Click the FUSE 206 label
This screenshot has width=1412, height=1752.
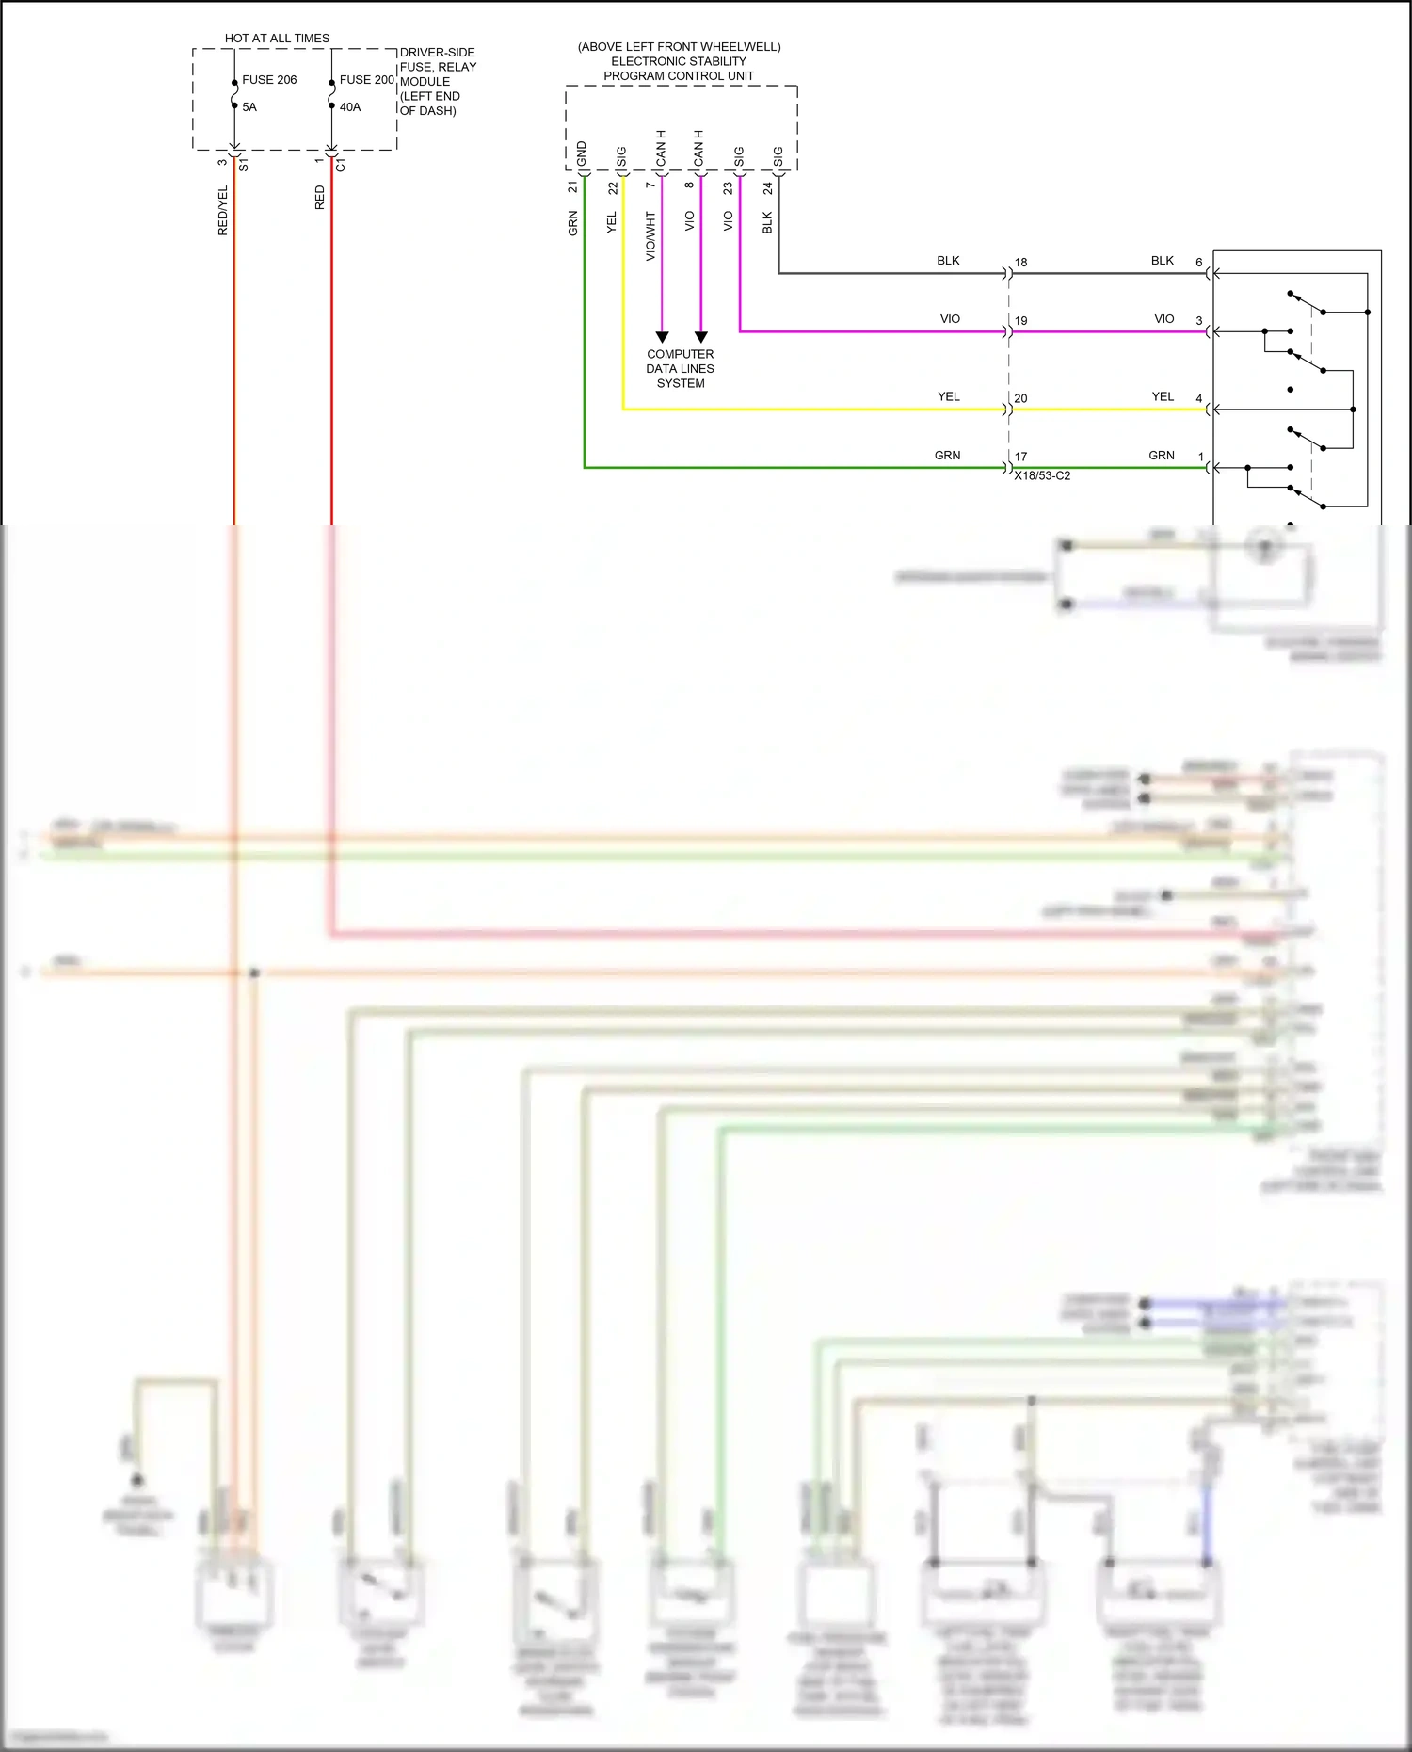click(x=269, y=80)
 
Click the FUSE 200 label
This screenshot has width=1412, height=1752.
click(x=366, y=80)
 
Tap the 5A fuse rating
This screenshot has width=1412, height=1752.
click(x=249, y=107)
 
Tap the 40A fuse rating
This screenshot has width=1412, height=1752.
click(x=350, y=107)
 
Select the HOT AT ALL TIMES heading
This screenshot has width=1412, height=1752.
click(x=277, y=39)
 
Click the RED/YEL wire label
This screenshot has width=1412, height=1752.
click(x=223, y=211)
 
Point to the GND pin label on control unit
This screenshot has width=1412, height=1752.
click(x=582, y=153)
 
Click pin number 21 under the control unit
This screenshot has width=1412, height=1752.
click(x=572, y=187)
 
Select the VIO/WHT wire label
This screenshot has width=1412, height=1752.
click(x=650, y=236)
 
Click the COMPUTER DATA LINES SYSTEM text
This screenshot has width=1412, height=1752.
click(x=680, y=368)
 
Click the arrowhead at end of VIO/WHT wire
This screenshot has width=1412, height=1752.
click(x=662, y=337)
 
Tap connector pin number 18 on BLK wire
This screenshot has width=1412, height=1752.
click(x=1020, y=263)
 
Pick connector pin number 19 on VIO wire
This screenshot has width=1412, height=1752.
click(x=1020, y=321)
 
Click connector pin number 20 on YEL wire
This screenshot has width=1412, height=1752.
click(x=1020, y=398)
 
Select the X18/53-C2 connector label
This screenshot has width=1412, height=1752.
click(x=1042, y=475)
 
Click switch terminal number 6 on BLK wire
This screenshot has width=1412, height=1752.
click(x=1198, y=263)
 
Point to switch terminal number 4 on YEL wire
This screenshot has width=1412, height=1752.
click(x=1198, y=398)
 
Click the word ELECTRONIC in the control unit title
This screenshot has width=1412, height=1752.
click(x=650, y=61)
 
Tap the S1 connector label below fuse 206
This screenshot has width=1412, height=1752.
click(x=244, y=166)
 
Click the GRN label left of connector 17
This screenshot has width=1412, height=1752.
click(x=947, y=456)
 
